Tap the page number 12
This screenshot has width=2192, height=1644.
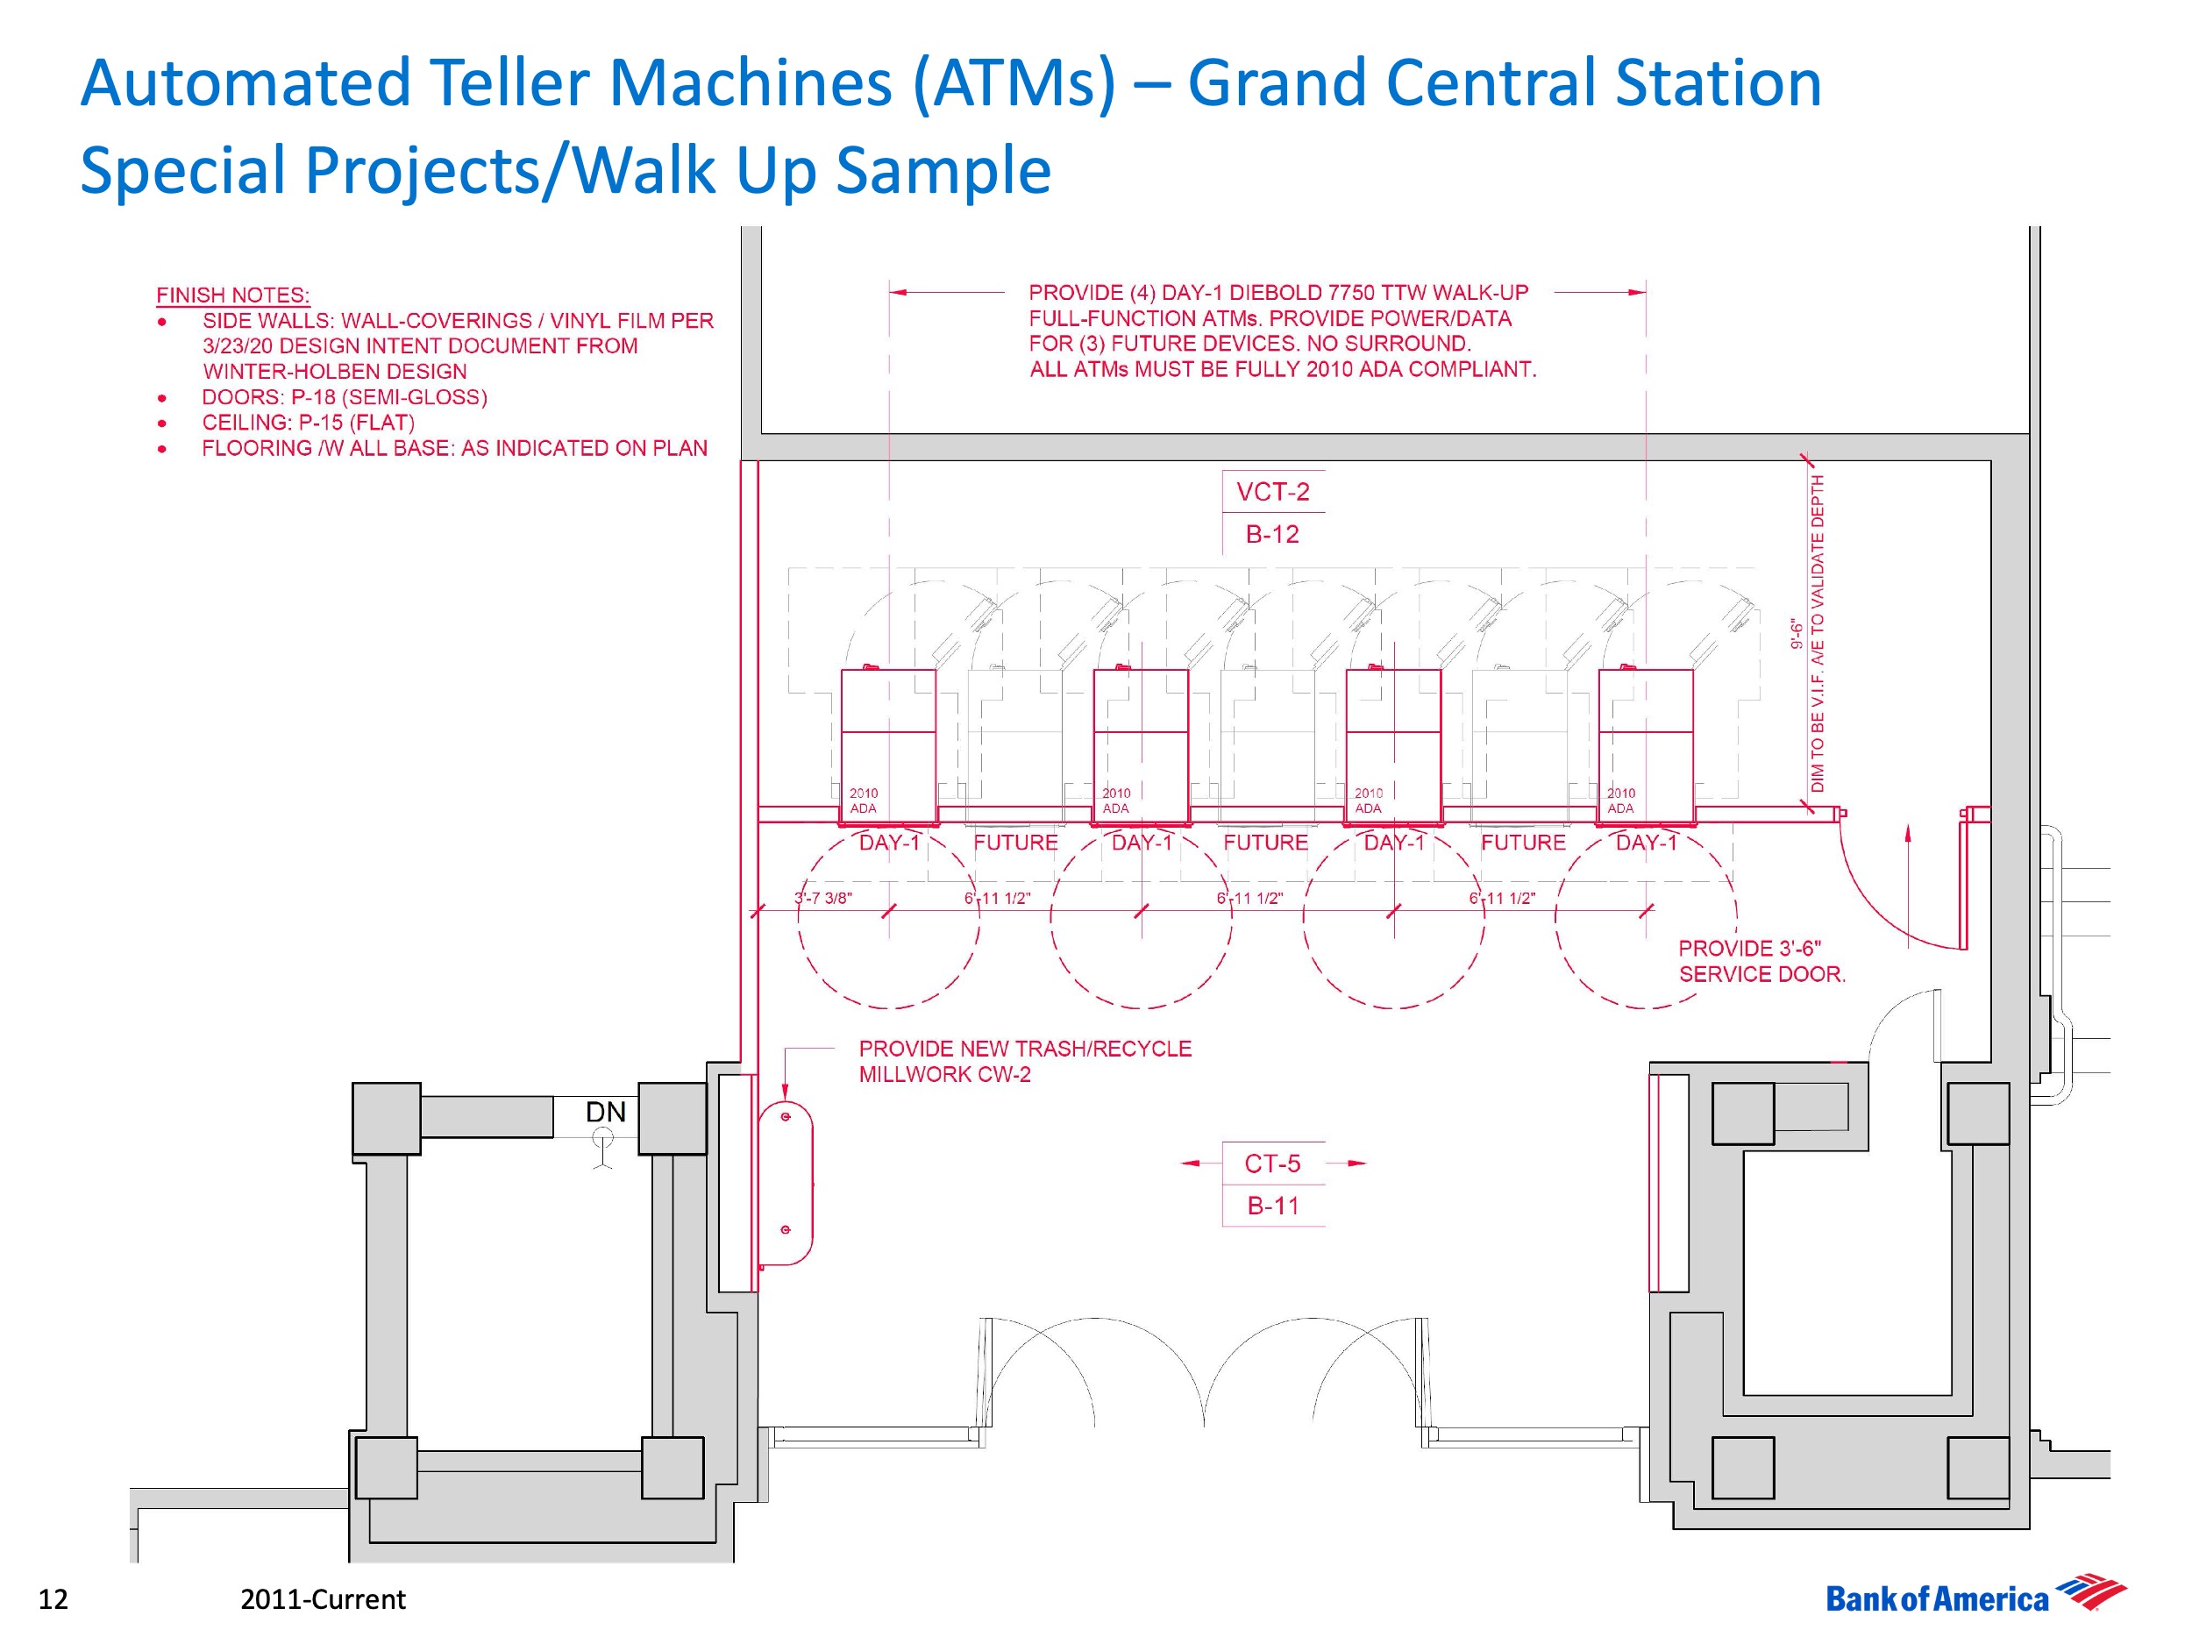click(x=53, y=1598)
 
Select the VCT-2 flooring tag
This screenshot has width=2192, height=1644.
click(x=1272, y=492)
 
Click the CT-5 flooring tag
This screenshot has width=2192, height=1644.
click(x=1272, y=1164)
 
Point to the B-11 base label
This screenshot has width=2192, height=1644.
click(x=1272, y=1206)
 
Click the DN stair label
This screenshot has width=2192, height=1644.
click(x=606, y=1112)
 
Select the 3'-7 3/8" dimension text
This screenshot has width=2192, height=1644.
click(x=822, y=899)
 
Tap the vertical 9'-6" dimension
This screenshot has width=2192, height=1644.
click(x=1796, y=634)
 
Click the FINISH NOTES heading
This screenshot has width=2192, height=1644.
click(x=233, y=295)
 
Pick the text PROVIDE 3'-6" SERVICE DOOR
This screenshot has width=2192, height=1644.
click(x=1761, y=961)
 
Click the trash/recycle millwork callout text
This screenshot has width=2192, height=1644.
click(x=1025, y=1061)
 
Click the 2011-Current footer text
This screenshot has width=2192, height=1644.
click(x=323, y=1599)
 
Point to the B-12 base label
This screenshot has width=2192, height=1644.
click(x=1272, y=534)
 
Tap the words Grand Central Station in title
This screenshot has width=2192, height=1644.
click(x=1505, y=82)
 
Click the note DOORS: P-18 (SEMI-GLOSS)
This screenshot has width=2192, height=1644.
click(x=344, y=397)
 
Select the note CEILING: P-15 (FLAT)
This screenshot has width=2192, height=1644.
click(x=308, y=423)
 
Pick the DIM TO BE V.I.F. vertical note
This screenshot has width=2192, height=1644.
click(x=1818, y=634)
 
